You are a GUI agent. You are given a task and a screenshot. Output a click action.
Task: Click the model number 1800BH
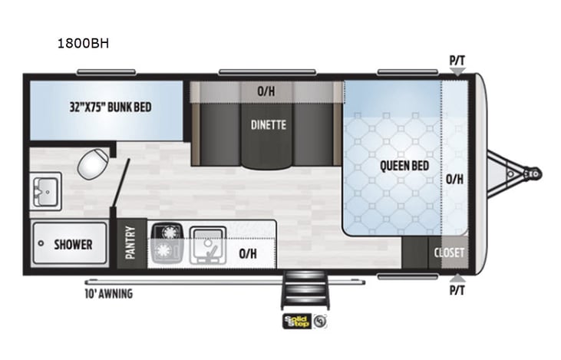point(83,44)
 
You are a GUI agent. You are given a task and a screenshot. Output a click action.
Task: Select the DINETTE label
point(269,125)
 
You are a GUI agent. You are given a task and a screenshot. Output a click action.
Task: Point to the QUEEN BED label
point(404,165)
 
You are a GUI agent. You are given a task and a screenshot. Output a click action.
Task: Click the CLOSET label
point(449,253)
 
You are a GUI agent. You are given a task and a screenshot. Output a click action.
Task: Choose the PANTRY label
point(130,243)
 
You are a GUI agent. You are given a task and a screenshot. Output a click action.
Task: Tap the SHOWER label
point(73,245)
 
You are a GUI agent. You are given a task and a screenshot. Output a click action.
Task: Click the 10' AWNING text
point(108,293)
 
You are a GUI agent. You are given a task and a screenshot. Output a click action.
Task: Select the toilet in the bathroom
point(94,163)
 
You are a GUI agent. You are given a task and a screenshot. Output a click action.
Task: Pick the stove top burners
point(167,243)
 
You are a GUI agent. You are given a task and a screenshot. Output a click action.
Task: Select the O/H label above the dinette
point(266,91)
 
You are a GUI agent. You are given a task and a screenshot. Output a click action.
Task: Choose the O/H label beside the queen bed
point(454,180)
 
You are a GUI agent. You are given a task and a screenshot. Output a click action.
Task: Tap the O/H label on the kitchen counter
point(248,253)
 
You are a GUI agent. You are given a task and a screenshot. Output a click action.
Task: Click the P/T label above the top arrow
point(457,59)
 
